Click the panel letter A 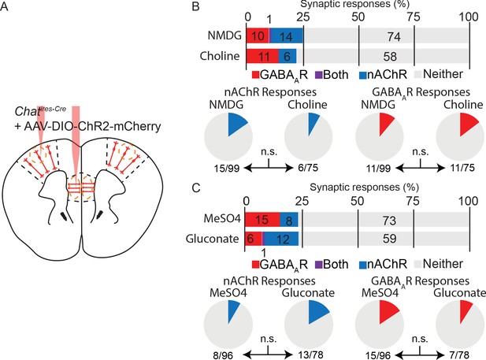5,6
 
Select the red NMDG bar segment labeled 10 258,35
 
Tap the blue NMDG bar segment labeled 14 287,35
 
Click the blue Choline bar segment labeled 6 288,56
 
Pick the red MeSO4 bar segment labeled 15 262,220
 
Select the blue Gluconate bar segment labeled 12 282,239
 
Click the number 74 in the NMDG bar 394,36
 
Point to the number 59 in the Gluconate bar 389,239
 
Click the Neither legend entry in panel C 438,264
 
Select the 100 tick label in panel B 469,17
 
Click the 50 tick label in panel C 357,201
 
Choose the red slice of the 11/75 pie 468,124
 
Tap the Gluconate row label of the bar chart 213,239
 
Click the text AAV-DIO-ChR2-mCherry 92,127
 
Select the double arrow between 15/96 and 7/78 420,354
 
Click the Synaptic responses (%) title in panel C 364,187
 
